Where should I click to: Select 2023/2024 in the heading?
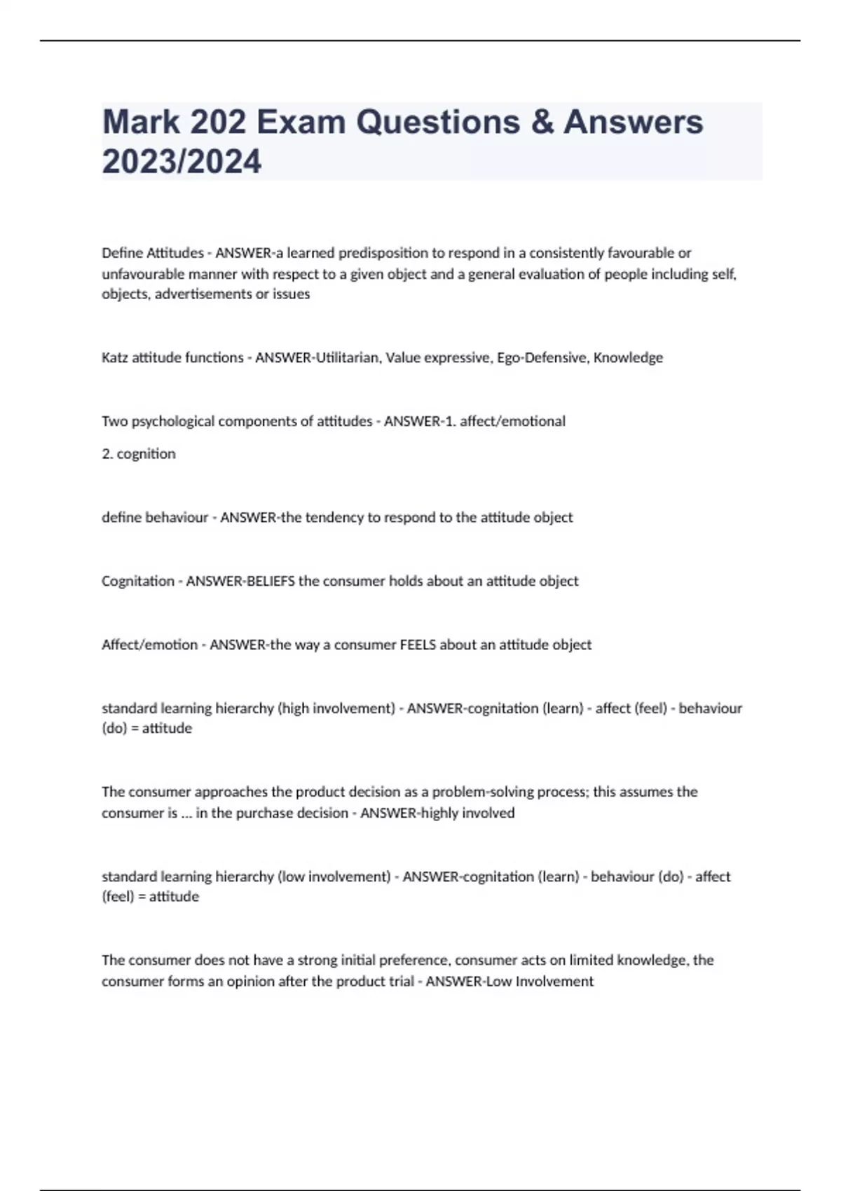pos(182,162)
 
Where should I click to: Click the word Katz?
pos(115,358)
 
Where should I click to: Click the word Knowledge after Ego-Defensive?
pos(628,358)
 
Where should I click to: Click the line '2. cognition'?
pos(139,454)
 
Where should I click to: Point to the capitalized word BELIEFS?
pos(270,581)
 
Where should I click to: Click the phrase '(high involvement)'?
pos(336,708)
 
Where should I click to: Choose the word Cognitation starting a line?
pos(138,581)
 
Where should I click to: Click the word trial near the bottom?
pos(402,982)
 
